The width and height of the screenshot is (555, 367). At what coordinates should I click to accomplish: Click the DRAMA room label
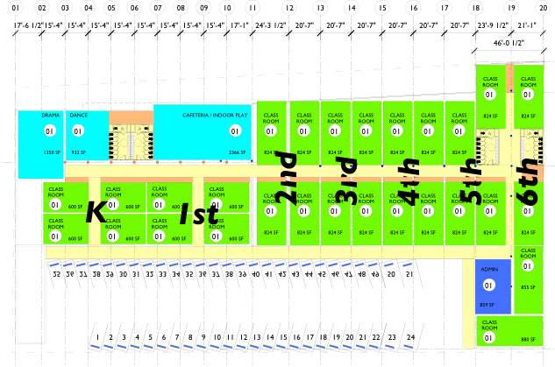(x=51, y=116)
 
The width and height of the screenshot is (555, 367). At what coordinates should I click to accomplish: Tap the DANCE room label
(x=78, y=116)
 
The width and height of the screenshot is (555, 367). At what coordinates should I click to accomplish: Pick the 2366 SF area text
(x=237, y=152)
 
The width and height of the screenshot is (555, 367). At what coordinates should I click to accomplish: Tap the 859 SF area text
(x=487, y=305)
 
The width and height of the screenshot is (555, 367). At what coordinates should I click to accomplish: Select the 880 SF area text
(x=527, y=339)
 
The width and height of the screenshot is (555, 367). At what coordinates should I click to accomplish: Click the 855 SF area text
(x=527, y=287)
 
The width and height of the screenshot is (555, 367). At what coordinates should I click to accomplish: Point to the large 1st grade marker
(x=197, y=213)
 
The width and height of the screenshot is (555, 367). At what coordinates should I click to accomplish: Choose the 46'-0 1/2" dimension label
(x=509, y=43)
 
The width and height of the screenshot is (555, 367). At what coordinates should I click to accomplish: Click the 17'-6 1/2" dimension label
(x=28, y=26)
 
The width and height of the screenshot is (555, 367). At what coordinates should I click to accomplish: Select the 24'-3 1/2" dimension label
(x=271, y=26)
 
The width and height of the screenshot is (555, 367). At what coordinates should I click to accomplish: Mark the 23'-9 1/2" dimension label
(x=493, y=26)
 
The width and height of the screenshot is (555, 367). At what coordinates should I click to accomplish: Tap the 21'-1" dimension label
(x=528, y=26)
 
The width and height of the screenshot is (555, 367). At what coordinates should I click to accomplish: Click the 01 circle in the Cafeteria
(x=235, y=131)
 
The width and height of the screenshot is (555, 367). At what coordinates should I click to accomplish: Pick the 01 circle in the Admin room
(x=489, y=286)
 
